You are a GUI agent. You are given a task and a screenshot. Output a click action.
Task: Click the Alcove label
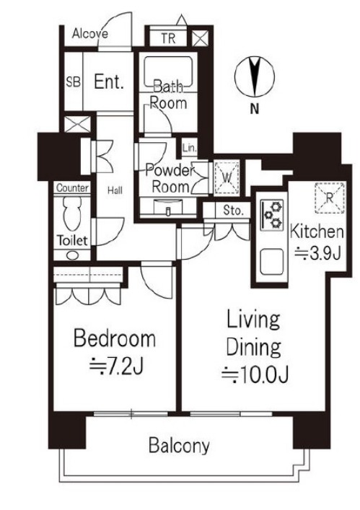pos(90,33)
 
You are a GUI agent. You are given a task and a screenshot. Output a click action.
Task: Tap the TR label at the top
pos(168,39)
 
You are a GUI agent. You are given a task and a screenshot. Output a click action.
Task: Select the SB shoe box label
pos(73,82)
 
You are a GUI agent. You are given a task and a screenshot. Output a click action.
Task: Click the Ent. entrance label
pos(109,82)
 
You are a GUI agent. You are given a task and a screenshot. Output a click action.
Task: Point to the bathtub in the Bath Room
pos(168,74)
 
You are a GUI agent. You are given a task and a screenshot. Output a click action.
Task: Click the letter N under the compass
pos(255,109)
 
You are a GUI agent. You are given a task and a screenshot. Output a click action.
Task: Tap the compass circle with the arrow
pos(255,76)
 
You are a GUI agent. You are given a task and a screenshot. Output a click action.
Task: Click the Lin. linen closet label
pos(190,149)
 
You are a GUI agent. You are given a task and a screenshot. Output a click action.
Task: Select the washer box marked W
pos(227,177)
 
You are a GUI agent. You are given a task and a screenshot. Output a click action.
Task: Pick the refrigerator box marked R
pos(330,198)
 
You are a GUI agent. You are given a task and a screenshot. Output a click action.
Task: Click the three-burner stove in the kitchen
pos(273,215)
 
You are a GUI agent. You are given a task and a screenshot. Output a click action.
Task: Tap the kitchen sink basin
pos(271,262)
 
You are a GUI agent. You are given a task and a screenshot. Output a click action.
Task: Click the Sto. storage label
pos(233,211)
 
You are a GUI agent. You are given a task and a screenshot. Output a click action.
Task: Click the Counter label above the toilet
pos(73,188)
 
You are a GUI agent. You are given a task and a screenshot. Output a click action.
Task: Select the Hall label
pos(115,190)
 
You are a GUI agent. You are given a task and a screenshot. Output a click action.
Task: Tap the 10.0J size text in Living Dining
pos(255,374)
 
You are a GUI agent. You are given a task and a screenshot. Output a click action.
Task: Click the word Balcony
pos(179,446)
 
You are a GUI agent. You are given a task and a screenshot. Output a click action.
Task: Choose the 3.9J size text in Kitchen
pos(317,252)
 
